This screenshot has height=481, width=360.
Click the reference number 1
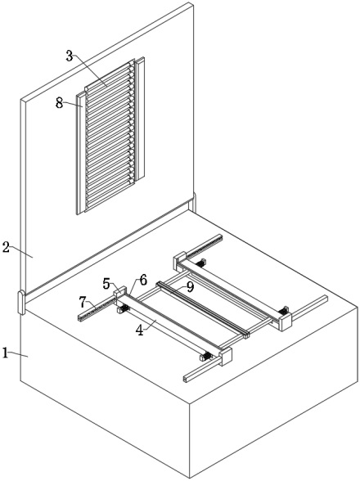5,353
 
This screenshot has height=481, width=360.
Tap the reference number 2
6,247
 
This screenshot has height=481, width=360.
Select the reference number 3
70,56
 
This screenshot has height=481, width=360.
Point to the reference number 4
140,330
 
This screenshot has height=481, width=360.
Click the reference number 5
106,284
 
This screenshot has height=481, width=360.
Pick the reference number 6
143,280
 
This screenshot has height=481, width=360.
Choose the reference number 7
83,303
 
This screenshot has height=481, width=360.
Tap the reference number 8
59,103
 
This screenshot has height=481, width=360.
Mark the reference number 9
191,287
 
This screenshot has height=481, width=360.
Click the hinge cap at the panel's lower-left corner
21,303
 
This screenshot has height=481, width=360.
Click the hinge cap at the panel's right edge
194,202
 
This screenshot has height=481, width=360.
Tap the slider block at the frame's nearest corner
225,357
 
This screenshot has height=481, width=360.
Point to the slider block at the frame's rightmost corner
285,321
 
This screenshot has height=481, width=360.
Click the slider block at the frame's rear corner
179,260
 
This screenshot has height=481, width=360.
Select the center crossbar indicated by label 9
203,309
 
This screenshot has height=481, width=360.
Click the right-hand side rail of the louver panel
140,119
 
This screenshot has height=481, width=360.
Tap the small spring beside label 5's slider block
124,308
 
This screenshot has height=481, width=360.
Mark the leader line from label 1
18,354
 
